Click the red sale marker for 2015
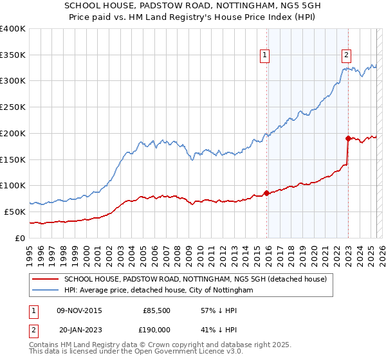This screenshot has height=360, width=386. pyautogui.click(x=266, y=193)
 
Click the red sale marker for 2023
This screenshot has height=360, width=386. pyautogui.click(x=348, y=138)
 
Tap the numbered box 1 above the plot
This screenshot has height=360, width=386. pyautogui.click(x=264, y=55)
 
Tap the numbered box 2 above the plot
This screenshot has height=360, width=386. pyautogui.click(x=346, y=55)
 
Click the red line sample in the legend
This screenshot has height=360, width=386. pyautogui.click(x=46, y=279)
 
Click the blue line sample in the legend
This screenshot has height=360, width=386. pyautogui.click(x=46, y=291)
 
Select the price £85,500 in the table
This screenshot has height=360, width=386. pyautogui.click(x=156, y=310)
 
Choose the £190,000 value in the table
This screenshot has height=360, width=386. pyautogui.click(x=156, y=329)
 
